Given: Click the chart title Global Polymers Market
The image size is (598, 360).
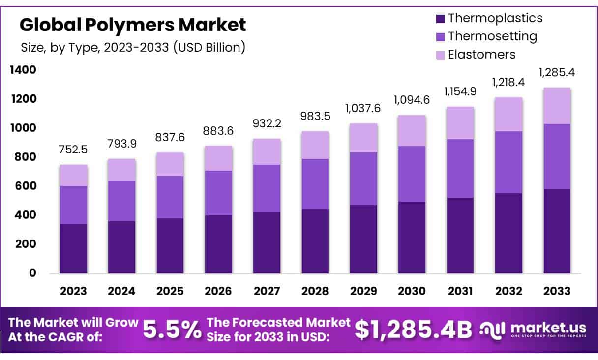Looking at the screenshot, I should [x=133, y=24].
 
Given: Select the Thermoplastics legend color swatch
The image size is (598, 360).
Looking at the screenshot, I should [x=440, y=19].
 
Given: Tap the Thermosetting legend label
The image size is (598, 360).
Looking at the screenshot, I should [x=492, y=36].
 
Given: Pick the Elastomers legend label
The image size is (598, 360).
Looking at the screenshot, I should [x=481, y=54].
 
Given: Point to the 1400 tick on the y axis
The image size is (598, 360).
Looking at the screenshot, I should [x=23, y=70].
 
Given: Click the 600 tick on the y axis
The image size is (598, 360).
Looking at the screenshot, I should [x=26, y=186].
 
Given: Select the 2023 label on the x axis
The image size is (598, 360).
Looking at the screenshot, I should [x=73, y=291].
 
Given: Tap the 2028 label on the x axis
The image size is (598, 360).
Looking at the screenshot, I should [x=315, y=291].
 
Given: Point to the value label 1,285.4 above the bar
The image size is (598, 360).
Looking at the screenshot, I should [x=557, y=73].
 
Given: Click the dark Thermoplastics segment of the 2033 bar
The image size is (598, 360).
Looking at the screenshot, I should [x=557, y=231].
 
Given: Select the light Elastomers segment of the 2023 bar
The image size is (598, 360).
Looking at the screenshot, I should [x=73, y=175].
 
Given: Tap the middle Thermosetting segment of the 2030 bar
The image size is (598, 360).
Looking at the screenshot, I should [x=412, y=174].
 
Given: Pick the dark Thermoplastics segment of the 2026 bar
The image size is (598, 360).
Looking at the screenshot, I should [x=218, y=244].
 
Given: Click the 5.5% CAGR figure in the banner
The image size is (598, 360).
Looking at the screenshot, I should [x=172, y=330].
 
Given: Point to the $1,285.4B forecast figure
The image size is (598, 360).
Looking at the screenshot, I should [x=413, y=330].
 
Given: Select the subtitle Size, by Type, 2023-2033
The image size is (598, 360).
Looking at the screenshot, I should [x=133, y=47].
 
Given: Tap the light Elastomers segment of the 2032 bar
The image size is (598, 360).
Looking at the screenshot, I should [x=508, y=114].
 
